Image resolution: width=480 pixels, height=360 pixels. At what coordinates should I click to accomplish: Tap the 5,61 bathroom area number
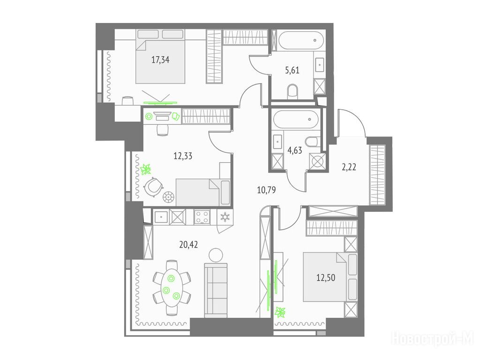click(292, 71)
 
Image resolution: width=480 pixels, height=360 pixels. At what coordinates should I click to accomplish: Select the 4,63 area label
click(295, 150)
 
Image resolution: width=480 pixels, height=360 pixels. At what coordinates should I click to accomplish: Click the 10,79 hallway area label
click(266, 190)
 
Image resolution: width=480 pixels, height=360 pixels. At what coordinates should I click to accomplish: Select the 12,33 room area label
click(183, 156)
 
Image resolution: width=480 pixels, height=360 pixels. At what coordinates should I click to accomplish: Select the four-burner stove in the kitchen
click(203, 217)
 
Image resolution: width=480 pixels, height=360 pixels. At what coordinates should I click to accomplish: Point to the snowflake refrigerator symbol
click(225, 217)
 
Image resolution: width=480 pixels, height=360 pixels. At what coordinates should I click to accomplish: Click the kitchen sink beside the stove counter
click(161, 217)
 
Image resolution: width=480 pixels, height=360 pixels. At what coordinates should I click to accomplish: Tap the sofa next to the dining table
click(216, 290)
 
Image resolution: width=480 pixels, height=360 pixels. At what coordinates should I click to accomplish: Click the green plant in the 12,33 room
click(146, 169)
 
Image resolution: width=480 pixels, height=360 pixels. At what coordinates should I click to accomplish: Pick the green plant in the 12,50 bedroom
click(281, 311)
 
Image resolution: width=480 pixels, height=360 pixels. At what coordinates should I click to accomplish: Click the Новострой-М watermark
click(433, 338)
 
